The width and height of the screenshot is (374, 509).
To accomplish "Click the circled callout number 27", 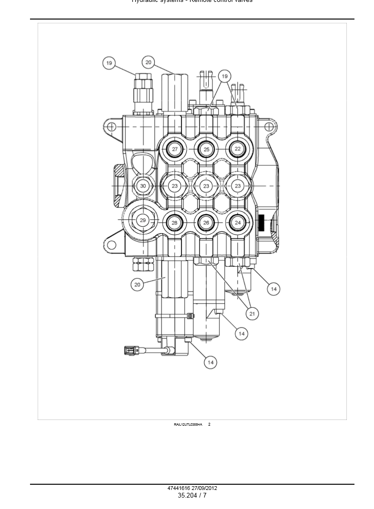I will click(x=175, y=149).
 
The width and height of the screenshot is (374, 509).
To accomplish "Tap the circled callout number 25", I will click(x=206, y=149).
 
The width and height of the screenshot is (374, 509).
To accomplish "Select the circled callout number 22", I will click(x=238, y=149).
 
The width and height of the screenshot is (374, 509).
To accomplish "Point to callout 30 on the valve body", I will click(x=143, y=186).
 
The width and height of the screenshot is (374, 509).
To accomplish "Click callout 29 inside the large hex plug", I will click(x=142, y=220).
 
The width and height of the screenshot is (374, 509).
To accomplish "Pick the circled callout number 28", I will click(x=174, y=222).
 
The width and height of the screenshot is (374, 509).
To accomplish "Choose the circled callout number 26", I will click(x=206, y=222).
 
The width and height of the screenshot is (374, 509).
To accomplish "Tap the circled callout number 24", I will click(x=238, y=222).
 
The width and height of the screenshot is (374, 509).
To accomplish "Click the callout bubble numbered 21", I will click(x=252, y=313).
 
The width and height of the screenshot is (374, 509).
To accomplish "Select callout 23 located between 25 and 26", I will click(x=206, y=186).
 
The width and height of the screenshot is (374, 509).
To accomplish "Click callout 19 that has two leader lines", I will click(x=224, y=76).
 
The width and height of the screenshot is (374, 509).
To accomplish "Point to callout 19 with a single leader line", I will click(x=109, y=63).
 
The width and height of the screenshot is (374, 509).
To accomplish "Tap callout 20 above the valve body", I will click(x=148, y=62).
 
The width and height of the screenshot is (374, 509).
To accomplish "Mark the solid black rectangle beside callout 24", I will click(x=261, y=222).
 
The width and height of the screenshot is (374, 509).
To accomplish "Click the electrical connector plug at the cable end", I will click(x=130, y=351).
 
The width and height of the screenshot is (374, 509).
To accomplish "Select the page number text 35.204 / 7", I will click(x=192, y=496).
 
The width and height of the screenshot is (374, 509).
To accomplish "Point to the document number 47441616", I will click(x=179, y=488).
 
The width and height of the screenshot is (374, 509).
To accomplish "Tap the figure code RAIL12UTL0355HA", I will click(x=188, y=424).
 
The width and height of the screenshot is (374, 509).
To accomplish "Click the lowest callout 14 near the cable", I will click(x=211, y=362).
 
